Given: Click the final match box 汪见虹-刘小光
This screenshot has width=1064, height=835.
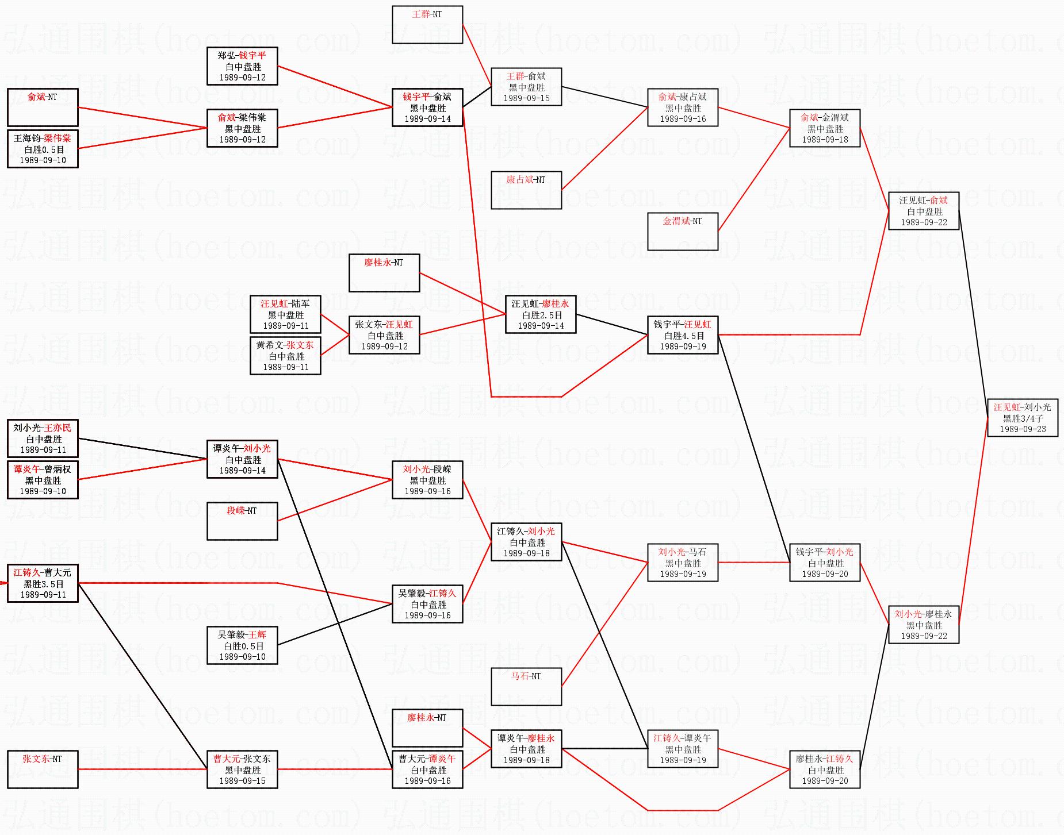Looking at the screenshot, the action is (x=1023, y=418).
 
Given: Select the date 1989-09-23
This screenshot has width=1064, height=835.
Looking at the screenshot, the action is (x=1023, y=429).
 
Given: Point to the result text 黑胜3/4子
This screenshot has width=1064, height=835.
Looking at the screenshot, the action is (x=1023, y=418).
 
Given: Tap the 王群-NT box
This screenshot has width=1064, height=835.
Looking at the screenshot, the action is (x=427, y=25).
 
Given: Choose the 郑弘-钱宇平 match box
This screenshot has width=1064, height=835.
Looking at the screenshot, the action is (x=242, y=66).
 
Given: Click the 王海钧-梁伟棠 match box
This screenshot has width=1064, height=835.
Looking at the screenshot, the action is (x=43, y=149).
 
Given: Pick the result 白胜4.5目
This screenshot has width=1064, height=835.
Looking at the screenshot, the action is (x=683, y=336).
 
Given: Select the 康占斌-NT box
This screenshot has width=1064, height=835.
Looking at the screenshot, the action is (x=526, y=190).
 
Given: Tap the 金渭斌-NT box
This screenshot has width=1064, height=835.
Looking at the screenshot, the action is (x=683, y=232).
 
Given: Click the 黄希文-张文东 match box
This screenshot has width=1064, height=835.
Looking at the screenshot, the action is (x=285, y=356).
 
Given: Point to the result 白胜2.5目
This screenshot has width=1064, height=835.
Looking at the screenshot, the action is (x=541, y=315).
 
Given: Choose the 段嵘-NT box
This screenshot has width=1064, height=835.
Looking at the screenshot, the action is (x=242, y=521).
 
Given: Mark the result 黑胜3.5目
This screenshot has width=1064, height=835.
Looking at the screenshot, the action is (x=43, y=584).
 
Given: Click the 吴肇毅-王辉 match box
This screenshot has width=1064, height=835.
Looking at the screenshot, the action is (x=242, y=645).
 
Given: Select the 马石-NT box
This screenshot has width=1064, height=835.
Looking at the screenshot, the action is (x=526, y=687).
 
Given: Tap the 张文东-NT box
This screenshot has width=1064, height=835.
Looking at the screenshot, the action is (x=43, y=769).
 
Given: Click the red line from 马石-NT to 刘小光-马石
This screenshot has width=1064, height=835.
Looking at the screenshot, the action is (x=604, y=625).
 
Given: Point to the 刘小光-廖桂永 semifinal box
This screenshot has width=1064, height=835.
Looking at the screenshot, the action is (x=924, y=625).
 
